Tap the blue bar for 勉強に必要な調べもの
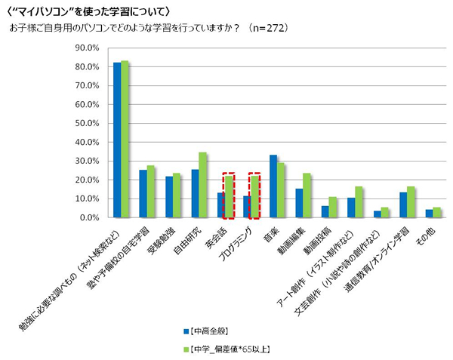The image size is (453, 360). click(x=117, y=140)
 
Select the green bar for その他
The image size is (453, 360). click(x=437, y=212)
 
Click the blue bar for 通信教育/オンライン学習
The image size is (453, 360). click(x=403, y=205)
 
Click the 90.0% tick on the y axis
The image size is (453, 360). click(x=88, y=48)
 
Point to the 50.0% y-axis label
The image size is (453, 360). click(x=88, y=124)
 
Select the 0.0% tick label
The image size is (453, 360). click(x=91, y=217)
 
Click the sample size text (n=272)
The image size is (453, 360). click(x=267, y=28)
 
